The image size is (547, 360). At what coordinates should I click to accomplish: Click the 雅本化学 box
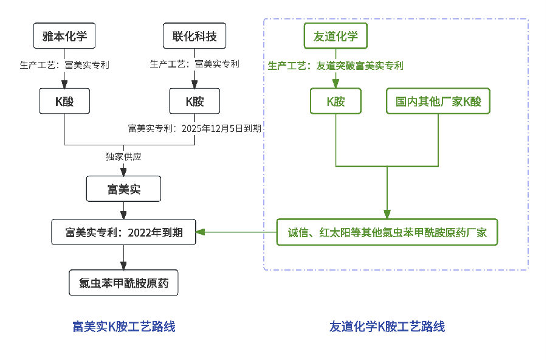point(64,36)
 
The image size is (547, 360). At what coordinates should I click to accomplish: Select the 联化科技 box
point(194,36)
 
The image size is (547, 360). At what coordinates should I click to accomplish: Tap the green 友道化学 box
point(335,36)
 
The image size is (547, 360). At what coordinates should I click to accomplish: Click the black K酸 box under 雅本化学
point(64,101)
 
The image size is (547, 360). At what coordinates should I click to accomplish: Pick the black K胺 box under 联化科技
point(194,101)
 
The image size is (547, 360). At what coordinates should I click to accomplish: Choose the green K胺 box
point(335,101)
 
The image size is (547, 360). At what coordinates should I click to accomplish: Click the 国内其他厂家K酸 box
point(438,101)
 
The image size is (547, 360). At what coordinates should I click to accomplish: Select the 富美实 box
point(123,189)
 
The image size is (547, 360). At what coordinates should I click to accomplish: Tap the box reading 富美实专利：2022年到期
point(123,232)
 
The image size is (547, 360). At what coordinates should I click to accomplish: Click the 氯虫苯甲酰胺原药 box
point(123,283)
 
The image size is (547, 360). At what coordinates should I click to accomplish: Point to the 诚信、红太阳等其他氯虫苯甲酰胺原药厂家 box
point(387,232)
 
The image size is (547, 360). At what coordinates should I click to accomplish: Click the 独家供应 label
point(123,156)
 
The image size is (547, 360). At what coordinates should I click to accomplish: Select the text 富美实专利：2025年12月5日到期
point(194,128)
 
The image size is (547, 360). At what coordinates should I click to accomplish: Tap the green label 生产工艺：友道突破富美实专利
point(335,65)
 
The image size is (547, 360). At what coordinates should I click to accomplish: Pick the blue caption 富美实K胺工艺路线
point(123,327)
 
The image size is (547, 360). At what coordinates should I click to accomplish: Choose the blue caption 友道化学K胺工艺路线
point(387,327)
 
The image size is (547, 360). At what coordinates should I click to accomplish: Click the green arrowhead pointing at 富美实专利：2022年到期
point(200,232)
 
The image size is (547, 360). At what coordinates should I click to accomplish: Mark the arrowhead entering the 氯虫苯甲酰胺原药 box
point(123,266)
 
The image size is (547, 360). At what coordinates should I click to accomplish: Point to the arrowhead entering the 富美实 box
point(123,172)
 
